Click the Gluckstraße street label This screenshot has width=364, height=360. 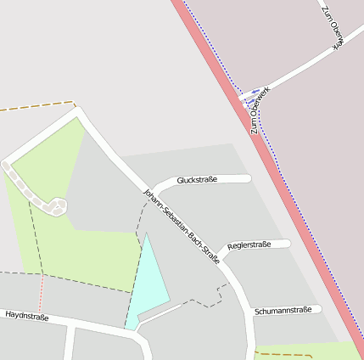pos(197,180)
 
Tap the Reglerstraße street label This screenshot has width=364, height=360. pos(249,245)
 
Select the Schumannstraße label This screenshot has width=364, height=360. pos(283,311)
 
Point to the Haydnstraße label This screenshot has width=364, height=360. pos(27,317)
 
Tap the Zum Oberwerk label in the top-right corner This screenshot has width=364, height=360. pos(329,25)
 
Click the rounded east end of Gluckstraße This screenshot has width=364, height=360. pos(248,178)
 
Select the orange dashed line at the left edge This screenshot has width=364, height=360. pos(34,107)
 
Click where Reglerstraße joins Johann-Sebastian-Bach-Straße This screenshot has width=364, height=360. pos(219,253)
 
